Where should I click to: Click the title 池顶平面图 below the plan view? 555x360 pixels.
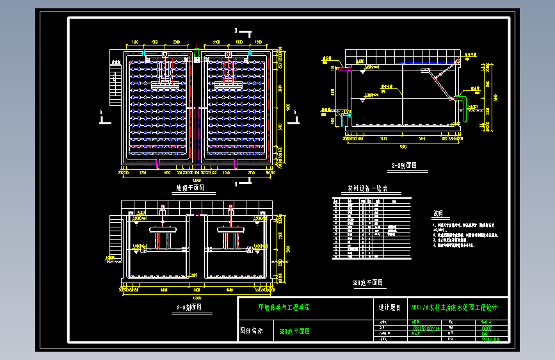click(x=189, y=188)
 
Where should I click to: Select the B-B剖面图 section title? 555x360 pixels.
click(x=404, y=165)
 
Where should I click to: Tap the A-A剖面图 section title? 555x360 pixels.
click(x=189, y=307)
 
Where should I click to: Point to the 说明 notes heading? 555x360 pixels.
click(x=438, y=213)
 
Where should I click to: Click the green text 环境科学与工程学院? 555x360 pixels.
click(x=283, y=307)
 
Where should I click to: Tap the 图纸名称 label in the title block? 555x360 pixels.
click(x=251, y=331)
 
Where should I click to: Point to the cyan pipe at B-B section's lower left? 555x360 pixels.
click(x=346, y=119)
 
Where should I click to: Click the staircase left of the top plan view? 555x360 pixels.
click(x=115, y=86)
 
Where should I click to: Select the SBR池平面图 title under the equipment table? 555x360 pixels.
click(x=368, y=282)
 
